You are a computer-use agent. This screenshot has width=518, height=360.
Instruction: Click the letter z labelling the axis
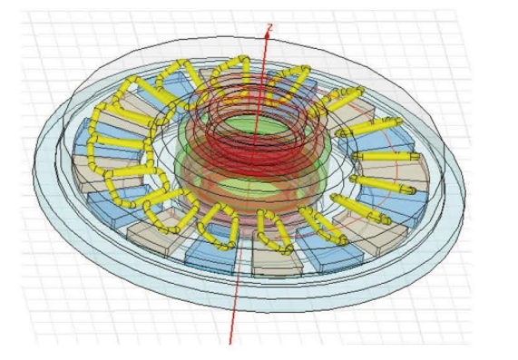(x=270, y=27)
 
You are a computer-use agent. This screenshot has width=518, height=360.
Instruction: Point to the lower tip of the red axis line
(x=230, y=344)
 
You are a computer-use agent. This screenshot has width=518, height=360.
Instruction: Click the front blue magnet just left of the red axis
(x=211, y=252)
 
